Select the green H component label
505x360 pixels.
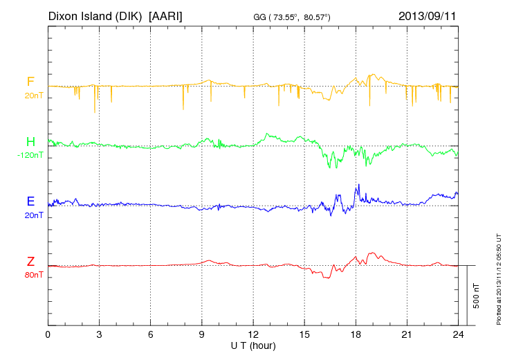(30, 142)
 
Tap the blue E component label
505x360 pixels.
(30, 201)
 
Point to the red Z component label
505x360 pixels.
(30, 261)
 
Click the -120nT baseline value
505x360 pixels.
(30, 155)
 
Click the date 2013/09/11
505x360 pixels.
(428, 15)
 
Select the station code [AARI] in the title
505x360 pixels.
(166, 15)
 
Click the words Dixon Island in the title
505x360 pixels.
(82, 15)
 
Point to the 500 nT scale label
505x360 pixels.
(477, 296)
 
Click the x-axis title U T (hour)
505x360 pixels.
(253, 345)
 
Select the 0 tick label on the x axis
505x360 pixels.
(48, 334)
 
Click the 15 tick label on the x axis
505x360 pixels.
(304, 334)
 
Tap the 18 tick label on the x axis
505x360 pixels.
(356, 334)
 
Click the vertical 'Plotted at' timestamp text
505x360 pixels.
(498, 279)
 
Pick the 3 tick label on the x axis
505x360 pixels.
(99, 334)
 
